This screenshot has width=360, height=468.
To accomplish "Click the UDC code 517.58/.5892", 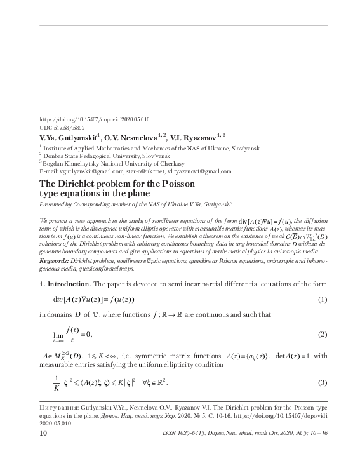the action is [61, 127].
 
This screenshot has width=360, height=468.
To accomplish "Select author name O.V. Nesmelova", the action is [134, 137].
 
